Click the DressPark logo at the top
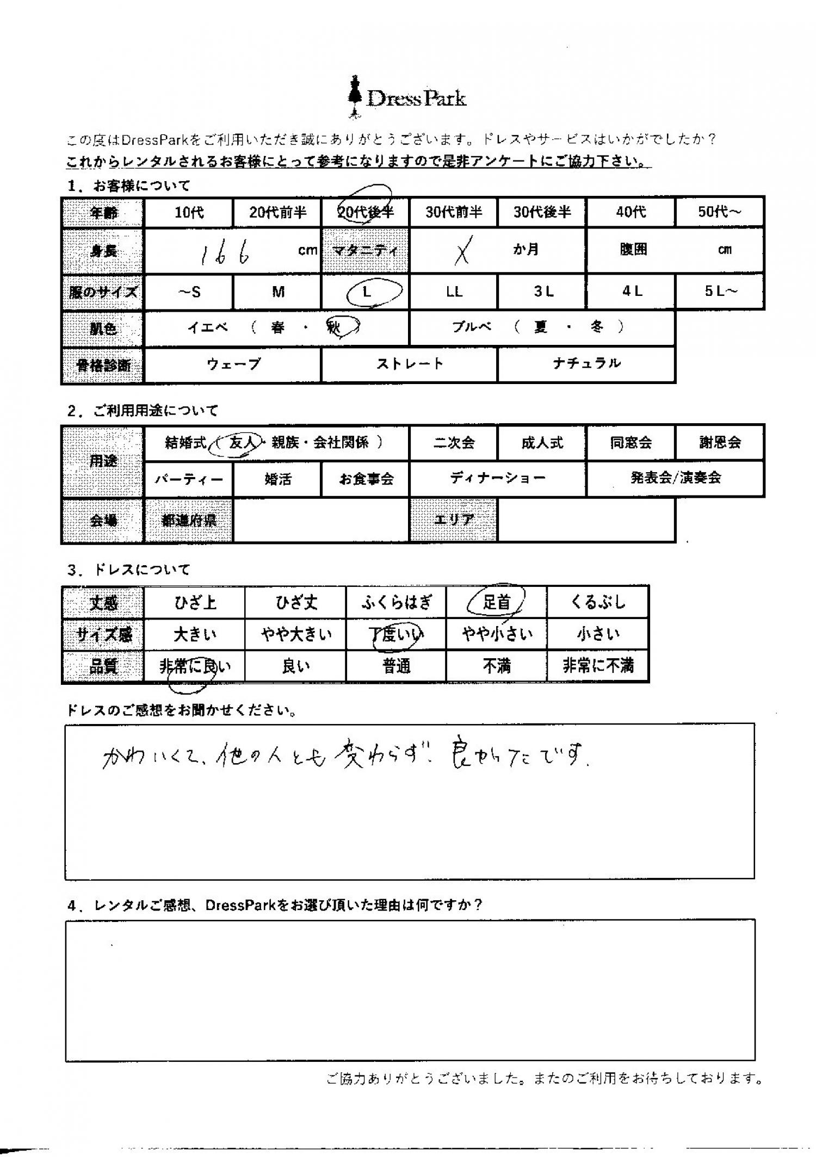point(407,98)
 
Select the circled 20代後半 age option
point(365,211)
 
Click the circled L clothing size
point(368,292)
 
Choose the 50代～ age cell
point(719,212)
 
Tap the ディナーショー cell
point(497,479)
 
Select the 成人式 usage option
point(542,443)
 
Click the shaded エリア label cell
point(453,520)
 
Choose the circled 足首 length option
point(496,602)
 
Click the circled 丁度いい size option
point(397,634)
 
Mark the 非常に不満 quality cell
point(598,666)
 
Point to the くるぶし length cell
point(598,602)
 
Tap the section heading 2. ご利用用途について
point(143,411)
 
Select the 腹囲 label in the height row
point(633,251)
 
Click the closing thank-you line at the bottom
point(543,1079)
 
